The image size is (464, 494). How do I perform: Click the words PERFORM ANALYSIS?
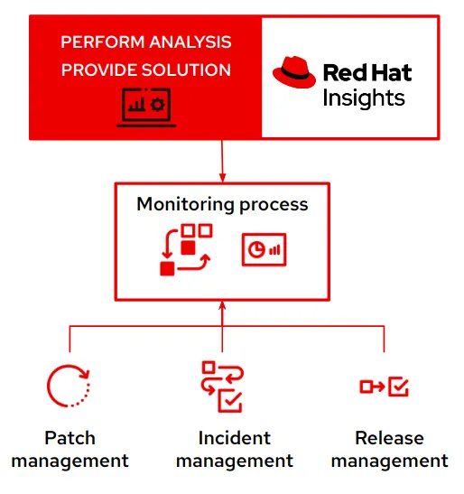point(145,42)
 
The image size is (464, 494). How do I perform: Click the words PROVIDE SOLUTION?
point(145,70)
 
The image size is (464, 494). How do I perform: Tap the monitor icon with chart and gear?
point(144,105)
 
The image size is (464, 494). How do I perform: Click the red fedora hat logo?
point(294,73)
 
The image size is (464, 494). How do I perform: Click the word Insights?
point(364,98)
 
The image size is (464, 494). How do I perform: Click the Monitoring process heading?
point(222,204)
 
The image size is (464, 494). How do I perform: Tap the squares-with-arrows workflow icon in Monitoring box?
point(185,249)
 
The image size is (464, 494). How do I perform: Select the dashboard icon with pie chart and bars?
point(264,249)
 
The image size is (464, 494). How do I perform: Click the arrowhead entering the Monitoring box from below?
point(222,308)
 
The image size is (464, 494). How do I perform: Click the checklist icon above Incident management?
point(222,387)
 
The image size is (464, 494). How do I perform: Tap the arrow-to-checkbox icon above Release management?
point(385,387)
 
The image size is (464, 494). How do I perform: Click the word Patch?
point(70,438)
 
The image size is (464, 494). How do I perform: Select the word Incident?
point(234,438)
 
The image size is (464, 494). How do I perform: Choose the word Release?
point(389,438)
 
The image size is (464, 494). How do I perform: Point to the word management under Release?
point(389,461)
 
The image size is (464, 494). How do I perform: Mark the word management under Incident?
point(234,461)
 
